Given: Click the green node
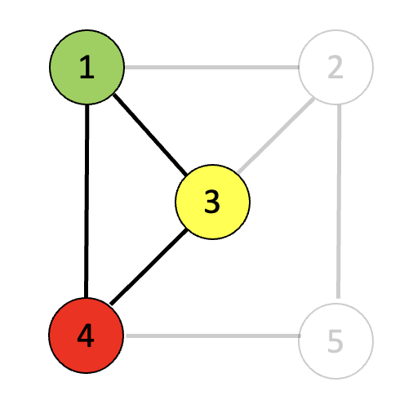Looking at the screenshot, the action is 87,67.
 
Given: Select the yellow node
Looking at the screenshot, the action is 212,202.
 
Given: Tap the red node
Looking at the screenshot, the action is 87,336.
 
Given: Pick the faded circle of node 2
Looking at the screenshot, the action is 336,67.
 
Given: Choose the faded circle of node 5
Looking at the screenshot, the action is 336,341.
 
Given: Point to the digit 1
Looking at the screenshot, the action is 87,67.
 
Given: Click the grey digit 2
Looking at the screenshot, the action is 335,67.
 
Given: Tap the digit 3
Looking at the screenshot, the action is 212,202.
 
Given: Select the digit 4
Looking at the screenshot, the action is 86,336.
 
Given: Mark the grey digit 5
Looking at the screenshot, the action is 335,341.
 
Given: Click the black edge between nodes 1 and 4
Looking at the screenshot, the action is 87,201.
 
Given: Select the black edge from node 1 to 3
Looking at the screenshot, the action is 150,135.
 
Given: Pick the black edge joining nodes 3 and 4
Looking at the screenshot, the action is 149,267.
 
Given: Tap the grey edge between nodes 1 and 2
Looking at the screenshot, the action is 211,67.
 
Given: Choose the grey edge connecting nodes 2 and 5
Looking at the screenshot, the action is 339,202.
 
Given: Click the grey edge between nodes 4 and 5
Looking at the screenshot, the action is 212,336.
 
